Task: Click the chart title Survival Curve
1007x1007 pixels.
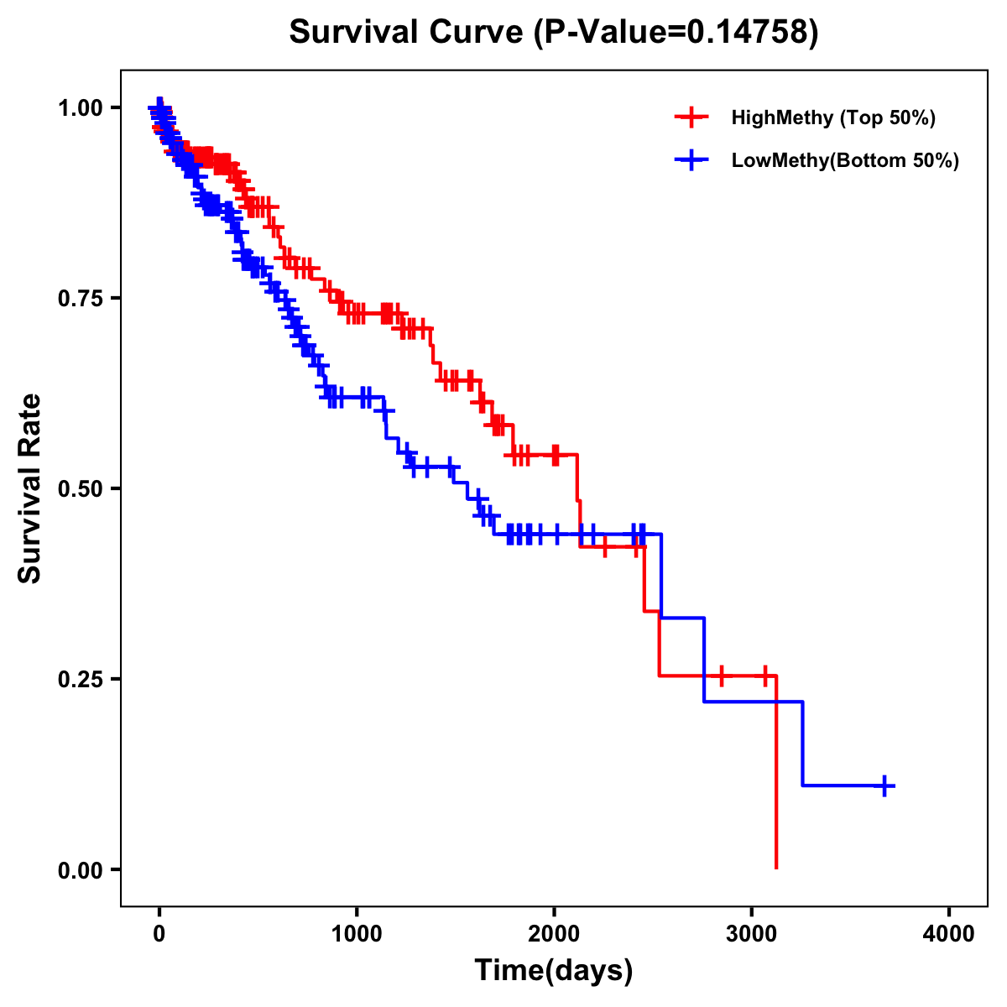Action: point(409,32)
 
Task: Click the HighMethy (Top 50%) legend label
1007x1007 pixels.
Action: point(832,117)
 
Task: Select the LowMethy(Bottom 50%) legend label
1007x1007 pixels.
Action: point(845,160)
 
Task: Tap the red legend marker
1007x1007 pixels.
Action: point(691,117)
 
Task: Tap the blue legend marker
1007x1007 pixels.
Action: point(691,160)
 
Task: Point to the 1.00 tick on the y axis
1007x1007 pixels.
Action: point(79,107)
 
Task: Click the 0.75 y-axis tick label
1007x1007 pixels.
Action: point(79,298)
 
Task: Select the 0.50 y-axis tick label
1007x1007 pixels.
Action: point(79,488)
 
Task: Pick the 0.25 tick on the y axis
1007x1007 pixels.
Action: point(79,679)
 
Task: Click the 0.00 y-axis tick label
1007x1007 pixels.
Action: point(79,869)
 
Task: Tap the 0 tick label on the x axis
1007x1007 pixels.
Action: point(159,934)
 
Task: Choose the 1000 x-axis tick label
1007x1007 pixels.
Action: point(357,934)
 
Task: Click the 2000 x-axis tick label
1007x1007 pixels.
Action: point(554,934)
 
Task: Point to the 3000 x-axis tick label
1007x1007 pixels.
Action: point(752,934)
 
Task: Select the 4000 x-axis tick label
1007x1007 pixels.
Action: point(949,934)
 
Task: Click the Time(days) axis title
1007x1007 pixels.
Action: point(554,971)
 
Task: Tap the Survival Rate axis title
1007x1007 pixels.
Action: point(30,488)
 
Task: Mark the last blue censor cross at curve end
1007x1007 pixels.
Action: point(884,785)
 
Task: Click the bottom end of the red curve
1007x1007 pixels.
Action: point(776,868)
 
